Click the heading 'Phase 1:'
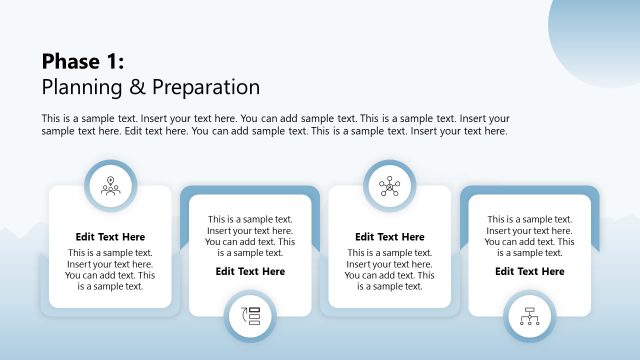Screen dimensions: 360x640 point(83,62)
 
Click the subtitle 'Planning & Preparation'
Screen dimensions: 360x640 point(150,86)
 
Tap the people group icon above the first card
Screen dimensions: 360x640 point(110,185)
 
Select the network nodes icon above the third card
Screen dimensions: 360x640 point(389,185)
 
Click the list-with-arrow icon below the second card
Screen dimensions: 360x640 point(250,316)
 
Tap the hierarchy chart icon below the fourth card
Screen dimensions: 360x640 point(529,316)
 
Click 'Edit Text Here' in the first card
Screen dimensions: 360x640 point(110,237)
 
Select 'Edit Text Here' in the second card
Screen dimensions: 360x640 point(250,271)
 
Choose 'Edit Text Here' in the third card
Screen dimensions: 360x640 point(389,237)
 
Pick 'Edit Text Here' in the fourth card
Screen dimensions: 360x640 point(529,271)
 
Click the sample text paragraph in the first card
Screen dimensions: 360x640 point(110,270)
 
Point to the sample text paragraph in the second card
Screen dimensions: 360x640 point(250,236)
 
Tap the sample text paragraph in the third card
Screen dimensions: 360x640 point(389,270)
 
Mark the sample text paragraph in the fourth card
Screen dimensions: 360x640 point(529,236)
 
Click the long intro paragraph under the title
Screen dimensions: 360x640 point(275,124)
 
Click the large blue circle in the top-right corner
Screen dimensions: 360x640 point(600,25)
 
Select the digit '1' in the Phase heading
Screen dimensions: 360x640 point(112,62)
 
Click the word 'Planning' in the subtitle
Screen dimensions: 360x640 point(84,86)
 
